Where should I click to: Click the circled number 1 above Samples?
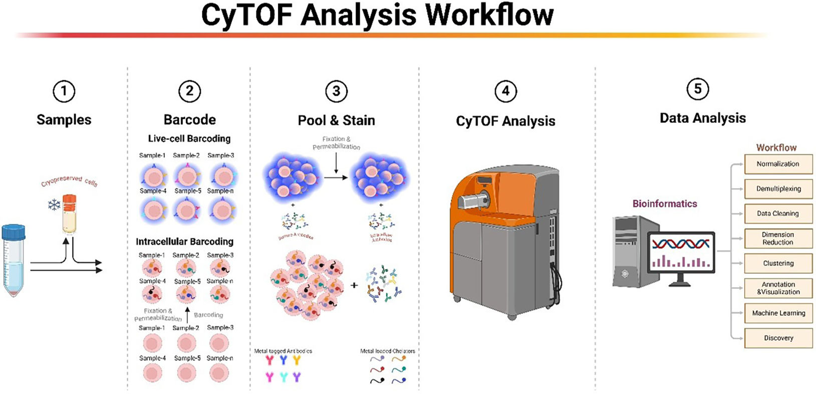pyautogui.click(x=64, y=92)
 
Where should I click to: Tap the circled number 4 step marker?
pyautogui.click(x=505, y=91)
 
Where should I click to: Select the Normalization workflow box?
pyautogui.click(x=778, y=164)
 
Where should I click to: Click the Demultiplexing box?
pyautogui.click(x=778, y=189)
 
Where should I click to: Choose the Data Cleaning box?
pyautogui.click(x=778, y=214)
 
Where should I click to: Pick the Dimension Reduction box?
pyautogui.click(x=778, y=238)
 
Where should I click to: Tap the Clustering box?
pyautogui.click(x=778, y=263)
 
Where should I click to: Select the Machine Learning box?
pyautogui.click(x=778, y=313)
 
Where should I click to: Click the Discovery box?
pyautogui.click(x=778, y=338)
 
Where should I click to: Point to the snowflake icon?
pyautogui.click(x=54, y=205)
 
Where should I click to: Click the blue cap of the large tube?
pyautogui.click(x=14, y=232)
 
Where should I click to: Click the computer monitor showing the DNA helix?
pyautogui.click(x=681, y=252)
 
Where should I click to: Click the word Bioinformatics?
pyautogui.click(x=664, y=204)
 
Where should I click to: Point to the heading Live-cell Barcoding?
pyautogui.click(x=189, y=139)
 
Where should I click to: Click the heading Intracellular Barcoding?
pyautogui.click(x=184, y=242)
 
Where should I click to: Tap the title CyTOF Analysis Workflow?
pyautogui.click(x=377, y=15)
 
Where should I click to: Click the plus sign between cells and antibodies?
pyautogui.click(x=354, y=286)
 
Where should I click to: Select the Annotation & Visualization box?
pyautogui.click(x=778, y=288)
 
